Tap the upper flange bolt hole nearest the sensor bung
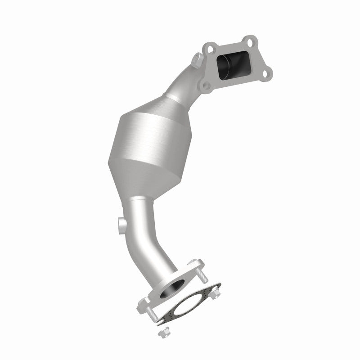(x=209, y=46)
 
